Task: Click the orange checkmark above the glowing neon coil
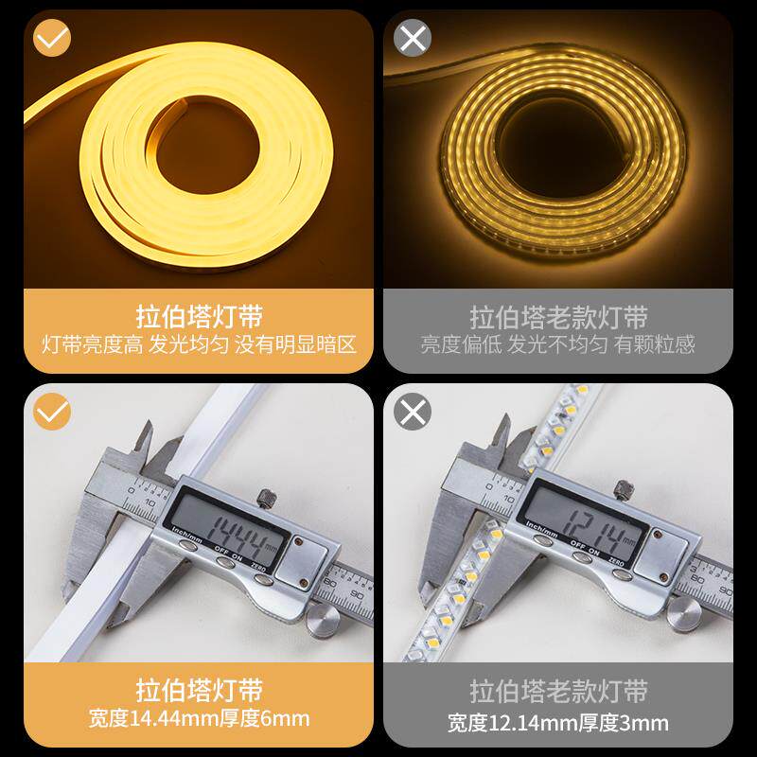pos(52,38)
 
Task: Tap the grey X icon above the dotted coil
pos(413,38)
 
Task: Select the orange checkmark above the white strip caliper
pos(52,412)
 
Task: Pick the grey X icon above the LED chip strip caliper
pos(413,412)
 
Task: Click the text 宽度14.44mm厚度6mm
pos(199,718)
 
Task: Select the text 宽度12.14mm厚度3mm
pos(558,723)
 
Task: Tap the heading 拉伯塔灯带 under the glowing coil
pos(199,317)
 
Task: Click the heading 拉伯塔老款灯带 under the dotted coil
pos(558,317)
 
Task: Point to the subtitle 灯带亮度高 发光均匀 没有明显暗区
pos(199,344)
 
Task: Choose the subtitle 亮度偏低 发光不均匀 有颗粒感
pos(558,344)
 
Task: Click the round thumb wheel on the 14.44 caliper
pos(324,620)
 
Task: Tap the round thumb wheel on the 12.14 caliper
pos(683,612)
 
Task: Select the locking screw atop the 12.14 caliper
pos(624,489)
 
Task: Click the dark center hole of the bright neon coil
pos(206,148)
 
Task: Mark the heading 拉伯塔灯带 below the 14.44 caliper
pos(199,691)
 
